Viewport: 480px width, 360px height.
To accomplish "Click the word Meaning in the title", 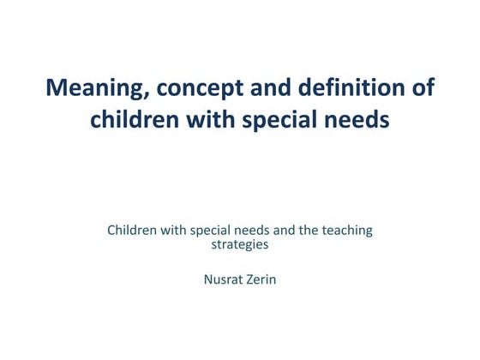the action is point(98,88).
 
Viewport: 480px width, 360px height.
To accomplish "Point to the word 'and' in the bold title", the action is point(271,87).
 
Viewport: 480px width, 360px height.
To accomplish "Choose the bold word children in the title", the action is point(135,119).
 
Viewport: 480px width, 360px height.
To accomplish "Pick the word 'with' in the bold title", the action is point(211,119).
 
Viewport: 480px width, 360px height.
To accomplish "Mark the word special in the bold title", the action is point(279,121).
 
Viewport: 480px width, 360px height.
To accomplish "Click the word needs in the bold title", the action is point(357,119).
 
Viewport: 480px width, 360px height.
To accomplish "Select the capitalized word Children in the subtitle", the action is point(132,231).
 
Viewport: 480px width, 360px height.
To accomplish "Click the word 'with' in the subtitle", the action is point(173,231).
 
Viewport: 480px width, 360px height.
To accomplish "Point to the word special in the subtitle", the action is point(210,231).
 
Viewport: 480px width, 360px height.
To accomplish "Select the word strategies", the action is point(240,245).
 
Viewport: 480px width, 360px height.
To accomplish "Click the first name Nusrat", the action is point(222,279).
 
